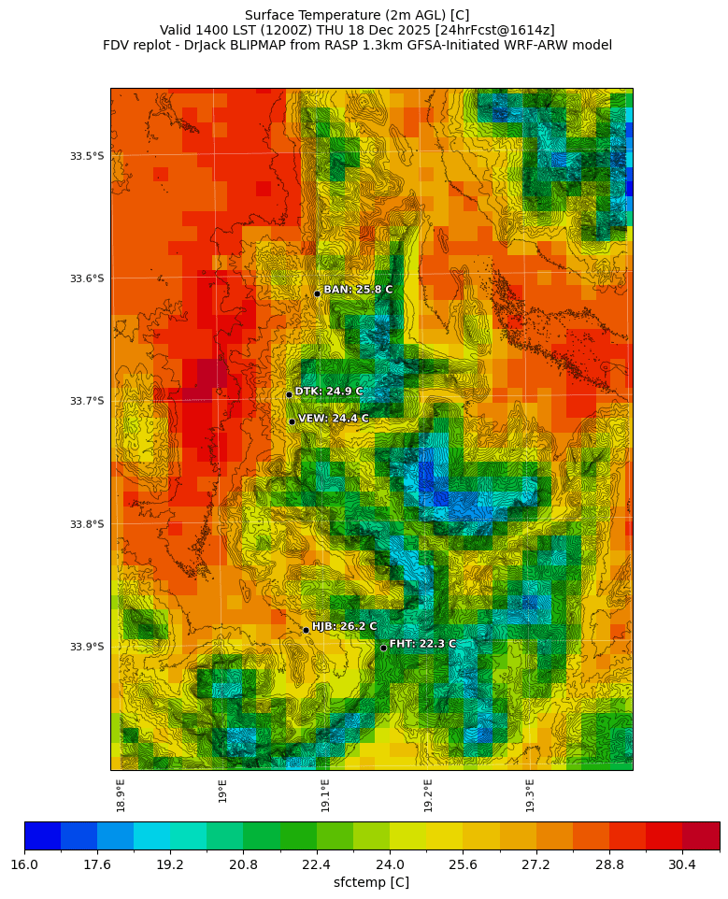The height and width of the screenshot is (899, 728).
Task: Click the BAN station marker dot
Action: tap(317, 293)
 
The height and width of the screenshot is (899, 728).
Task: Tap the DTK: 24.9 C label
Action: tap(329, 392)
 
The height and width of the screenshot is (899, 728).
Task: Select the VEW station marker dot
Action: tap(292, 421)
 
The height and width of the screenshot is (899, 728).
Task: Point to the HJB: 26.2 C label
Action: tap(344, 627)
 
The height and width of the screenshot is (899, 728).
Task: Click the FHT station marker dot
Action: tap(383, 648)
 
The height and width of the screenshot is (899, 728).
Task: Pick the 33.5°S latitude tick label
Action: tap(87, 156)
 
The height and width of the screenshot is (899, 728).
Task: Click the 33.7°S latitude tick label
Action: tap(87, 401)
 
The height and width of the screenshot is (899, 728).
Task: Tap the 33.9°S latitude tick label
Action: tap(87, 647)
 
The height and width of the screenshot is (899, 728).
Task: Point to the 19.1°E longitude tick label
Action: tap(325, 795)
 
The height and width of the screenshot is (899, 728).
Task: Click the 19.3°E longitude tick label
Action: tap(530, 795)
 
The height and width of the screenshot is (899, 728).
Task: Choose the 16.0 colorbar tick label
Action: tap(24, 864)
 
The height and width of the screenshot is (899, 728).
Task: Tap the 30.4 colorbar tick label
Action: tap(682, 864)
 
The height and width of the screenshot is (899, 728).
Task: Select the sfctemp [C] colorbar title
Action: tap(371, 882)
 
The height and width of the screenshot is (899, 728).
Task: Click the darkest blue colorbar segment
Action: tap(43, 835)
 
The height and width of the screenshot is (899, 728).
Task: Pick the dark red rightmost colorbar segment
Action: tap(701, 835)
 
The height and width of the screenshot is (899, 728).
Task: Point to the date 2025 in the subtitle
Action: tap(405, 30)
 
